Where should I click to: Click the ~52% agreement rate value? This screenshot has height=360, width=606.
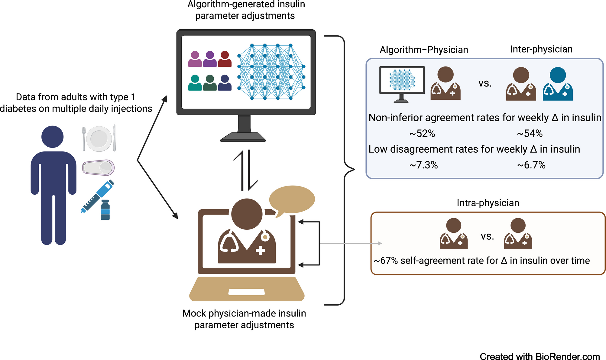[422, 134]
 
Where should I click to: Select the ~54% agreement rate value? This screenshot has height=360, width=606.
[530, 134]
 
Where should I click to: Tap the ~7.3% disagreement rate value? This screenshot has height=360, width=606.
[423, 165]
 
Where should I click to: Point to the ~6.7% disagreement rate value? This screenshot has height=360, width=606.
[531, 165]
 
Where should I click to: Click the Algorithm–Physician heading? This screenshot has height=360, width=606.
[424, 50]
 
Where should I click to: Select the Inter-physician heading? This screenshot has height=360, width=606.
[541, 49]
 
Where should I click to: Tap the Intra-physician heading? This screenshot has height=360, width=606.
[488, 203]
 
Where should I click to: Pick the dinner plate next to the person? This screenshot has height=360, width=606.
[99, 139]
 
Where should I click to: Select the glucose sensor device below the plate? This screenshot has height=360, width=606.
[99, 167]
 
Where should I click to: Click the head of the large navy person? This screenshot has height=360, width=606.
[53, 137]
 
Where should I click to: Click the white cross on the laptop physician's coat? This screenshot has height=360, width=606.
[260, 250]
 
